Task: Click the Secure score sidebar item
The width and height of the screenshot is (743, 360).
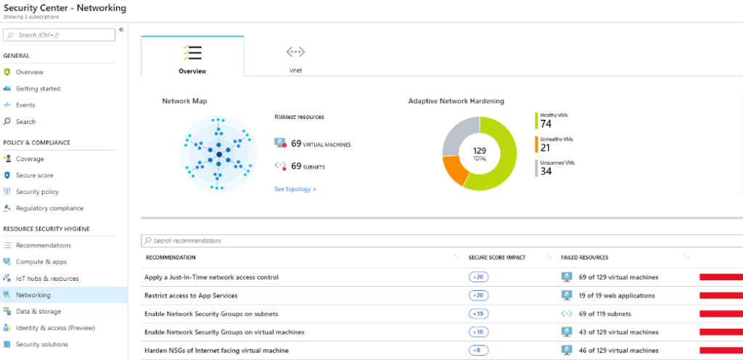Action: pos(34,175)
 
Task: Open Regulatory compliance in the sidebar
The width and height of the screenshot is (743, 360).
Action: pos(49,208)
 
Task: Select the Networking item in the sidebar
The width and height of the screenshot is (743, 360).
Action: pos(33,295)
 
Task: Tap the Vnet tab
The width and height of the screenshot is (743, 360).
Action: pos(295,58)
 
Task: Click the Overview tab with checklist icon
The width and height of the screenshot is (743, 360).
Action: pos(192,58)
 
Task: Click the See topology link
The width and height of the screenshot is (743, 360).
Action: pos(295,189)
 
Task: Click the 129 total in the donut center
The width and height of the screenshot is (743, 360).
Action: pos(479,153)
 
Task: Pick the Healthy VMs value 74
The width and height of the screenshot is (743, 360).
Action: pos(546,124)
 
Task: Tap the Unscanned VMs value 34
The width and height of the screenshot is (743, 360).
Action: pos(546,171)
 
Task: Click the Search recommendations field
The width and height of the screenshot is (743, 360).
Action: pos(290,240)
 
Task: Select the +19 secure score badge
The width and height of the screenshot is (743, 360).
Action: pos(478,314)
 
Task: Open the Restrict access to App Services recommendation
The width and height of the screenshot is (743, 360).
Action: pos(192,295)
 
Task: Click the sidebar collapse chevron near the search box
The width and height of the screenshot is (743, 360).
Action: pos(121,30)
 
